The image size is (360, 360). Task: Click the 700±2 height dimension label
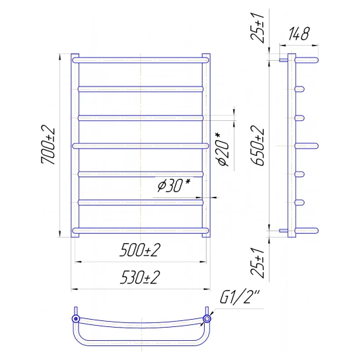pyautogui.click(x=48, y=145)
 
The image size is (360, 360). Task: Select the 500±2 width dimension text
pyautogui.click(x=140, y=250)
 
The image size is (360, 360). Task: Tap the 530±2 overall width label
pyautogui.click(x=140, y=277)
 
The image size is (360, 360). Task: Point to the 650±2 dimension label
pyautogui.click(x=258, y=145)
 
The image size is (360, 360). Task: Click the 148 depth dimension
pyautogui.click(x=299, y=34)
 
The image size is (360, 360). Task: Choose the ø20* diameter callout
pyautogui.click(x=223, y=149)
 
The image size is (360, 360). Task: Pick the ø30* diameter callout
pyautogui.click(x=174, y=185)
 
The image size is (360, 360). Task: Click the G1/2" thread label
pyautogui.click(x=240, y=297)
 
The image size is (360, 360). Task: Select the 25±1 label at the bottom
pyautogui.click(x=258, y=263)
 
